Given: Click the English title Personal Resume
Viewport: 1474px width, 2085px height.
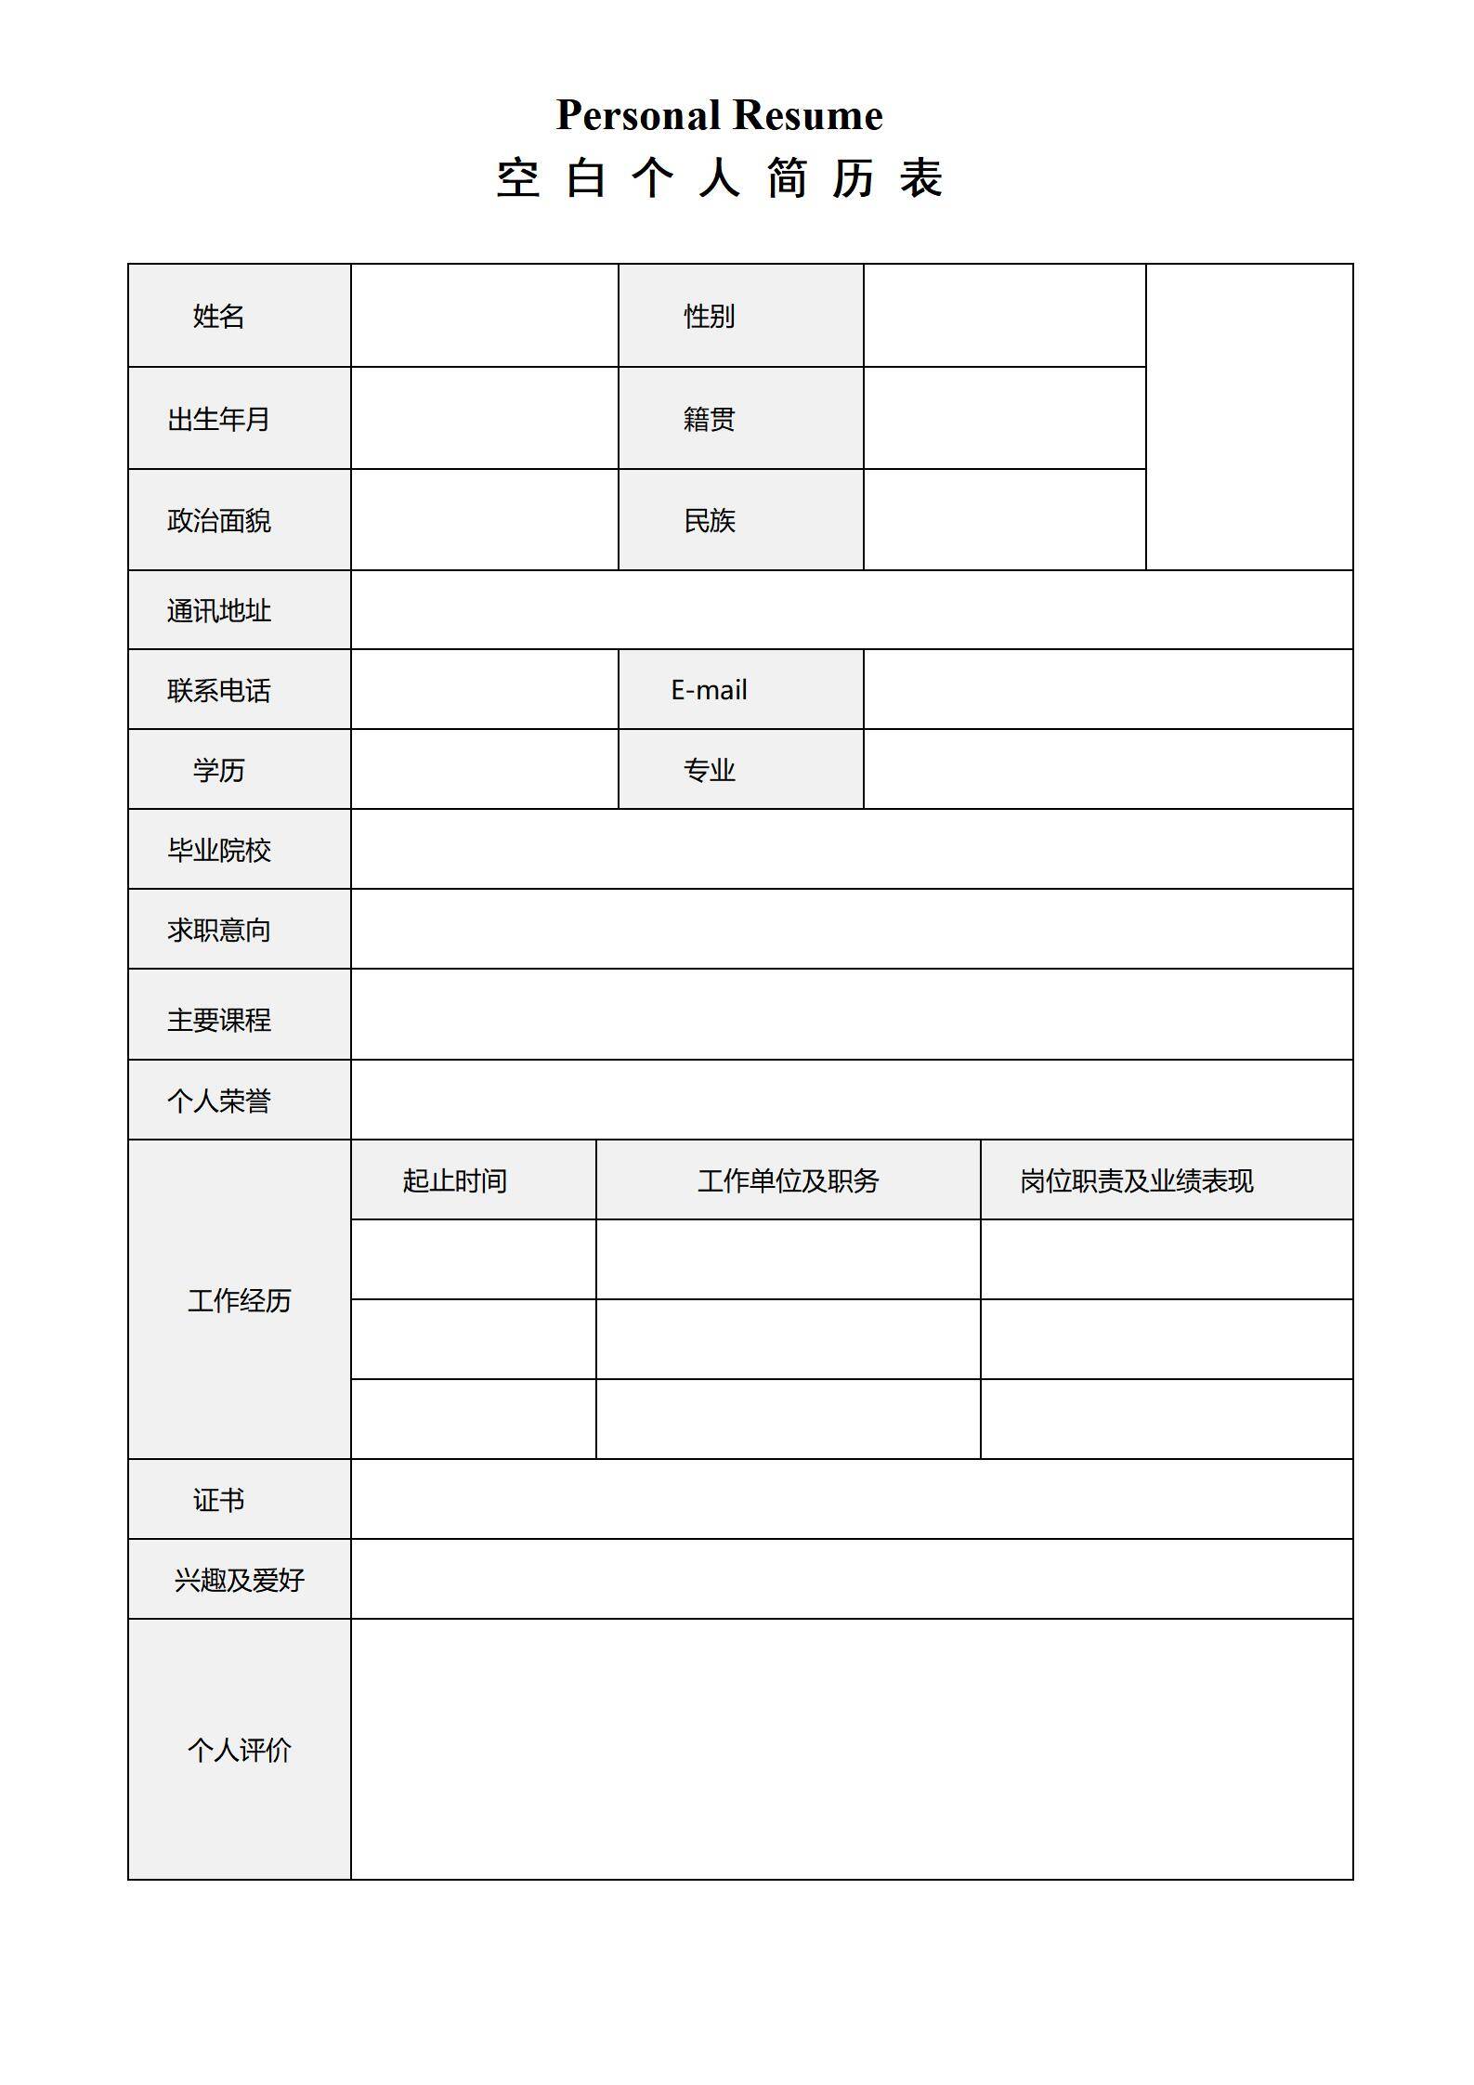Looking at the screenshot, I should point(719,116).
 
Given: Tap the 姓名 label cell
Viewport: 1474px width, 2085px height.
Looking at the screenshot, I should point(219,317).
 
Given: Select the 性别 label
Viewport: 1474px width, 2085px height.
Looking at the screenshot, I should point(710,317).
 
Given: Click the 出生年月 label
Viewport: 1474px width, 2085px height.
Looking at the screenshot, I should point(219,420).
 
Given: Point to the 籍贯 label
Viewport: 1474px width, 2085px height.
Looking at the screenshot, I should point(710,420).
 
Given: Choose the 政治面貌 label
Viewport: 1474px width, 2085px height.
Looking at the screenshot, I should point(219,521).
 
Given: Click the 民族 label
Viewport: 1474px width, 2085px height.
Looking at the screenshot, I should point(710,521).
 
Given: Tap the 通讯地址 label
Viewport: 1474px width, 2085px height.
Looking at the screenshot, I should point(219,611).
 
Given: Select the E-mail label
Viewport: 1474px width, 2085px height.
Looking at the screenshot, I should point(710,690).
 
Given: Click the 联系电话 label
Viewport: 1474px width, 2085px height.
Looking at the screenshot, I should point(219,691).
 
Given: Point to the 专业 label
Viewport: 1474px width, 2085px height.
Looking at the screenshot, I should point(710,771).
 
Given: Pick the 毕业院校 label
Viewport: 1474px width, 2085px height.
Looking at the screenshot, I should point(219,851).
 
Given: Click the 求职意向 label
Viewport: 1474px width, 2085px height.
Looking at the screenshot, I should point(219,931).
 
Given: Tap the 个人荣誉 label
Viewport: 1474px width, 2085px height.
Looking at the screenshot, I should point(219,1101).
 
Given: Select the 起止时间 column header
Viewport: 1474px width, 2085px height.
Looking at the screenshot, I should point(455,1181).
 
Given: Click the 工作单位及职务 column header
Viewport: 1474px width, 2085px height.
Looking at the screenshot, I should point(789,1181).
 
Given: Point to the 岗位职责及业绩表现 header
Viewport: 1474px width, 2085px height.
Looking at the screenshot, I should point(1137,1181).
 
